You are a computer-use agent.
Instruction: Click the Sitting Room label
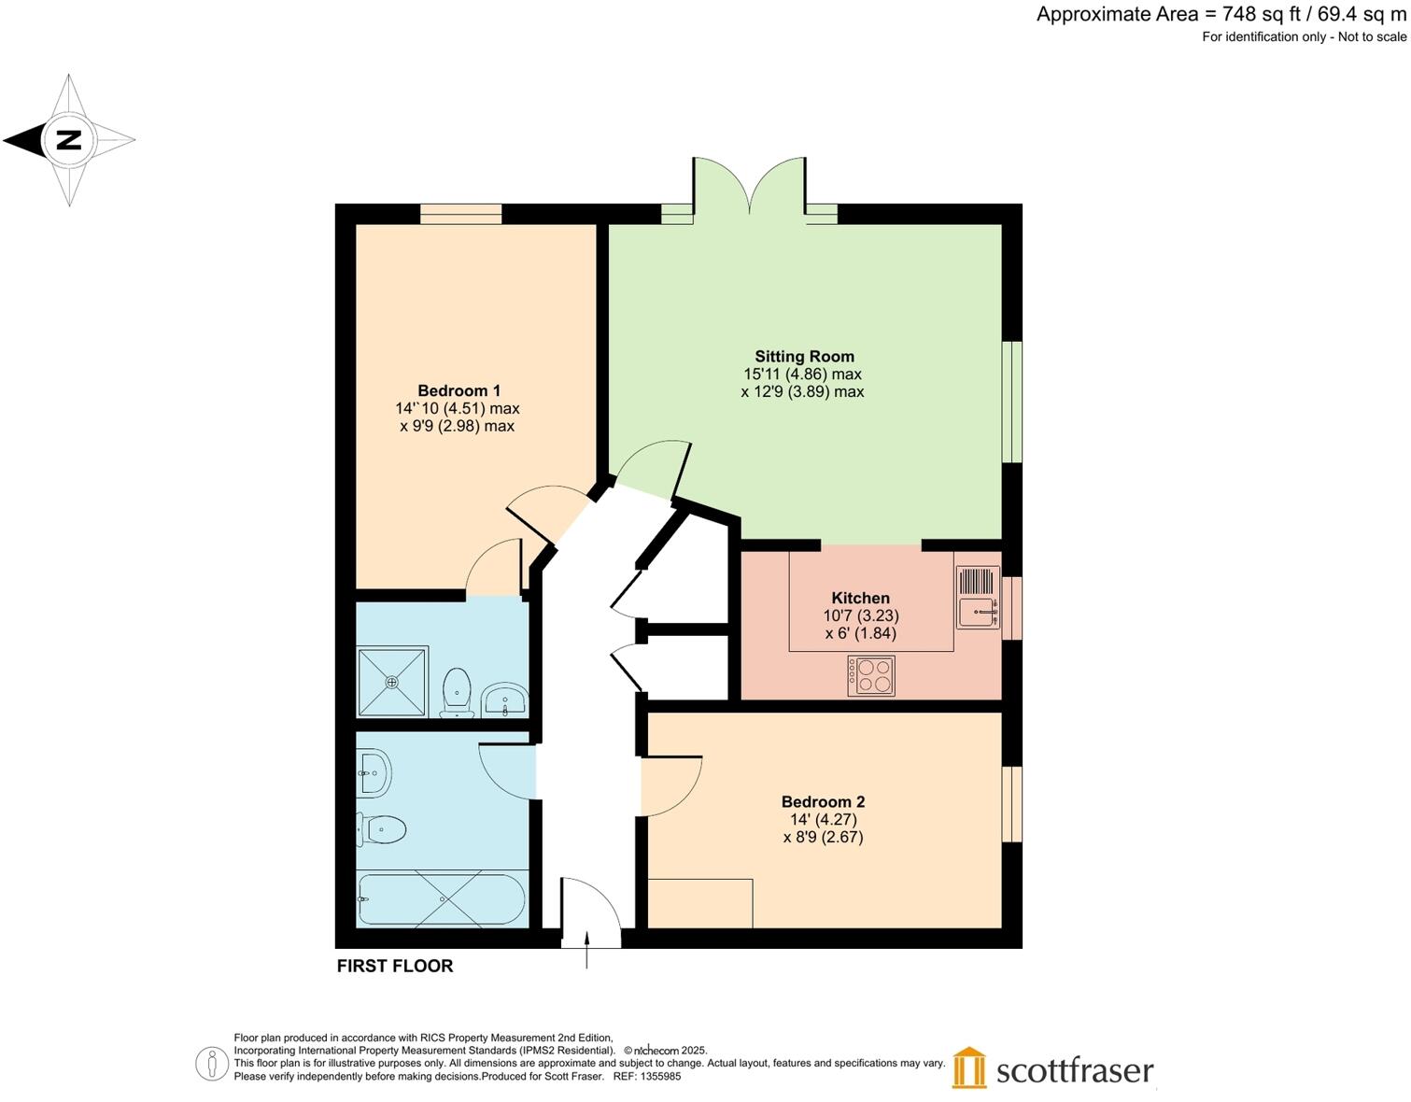click(804, 356)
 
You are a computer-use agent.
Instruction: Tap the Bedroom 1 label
click(459, 390)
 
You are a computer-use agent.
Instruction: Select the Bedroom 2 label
click(823, 801)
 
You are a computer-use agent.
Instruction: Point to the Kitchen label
click(860, 598)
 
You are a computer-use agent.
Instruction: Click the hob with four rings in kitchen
click(870, 676)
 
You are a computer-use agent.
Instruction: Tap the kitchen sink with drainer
click(978, 598)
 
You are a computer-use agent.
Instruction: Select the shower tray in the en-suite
click(392, 682)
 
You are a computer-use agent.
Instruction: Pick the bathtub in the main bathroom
click(441, 899)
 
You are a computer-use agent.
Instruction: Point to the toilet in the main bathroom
click(381, 828)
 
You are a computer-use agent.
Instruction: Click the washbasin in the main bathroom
click(374, 772)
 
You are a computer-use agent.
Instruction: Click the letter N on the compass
click(69, 140)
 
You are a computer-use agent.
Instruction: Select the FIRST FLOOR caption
click(395, 966)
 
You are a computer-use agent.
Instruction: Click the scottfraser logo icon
click(969, 1068)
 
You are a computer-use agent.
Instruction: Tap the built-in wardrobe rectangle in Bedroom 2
click(699, 903)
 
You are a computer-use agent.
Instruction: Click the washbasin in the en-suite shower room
click(505, 699)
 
